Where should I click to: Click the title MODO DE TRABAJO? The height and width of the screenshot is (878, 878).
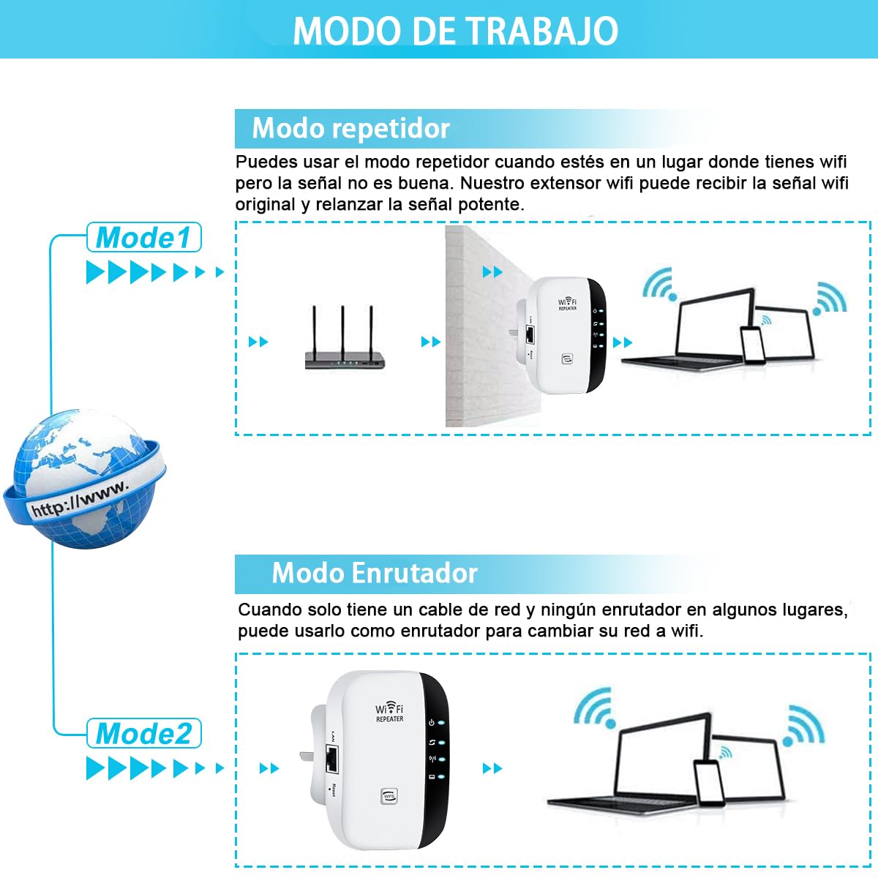click(455, 31)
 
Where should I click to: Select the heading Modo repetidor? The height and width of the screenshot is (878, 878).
click(350, 129)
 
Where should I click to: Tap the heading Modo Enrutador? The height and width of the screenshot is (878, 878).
click(374, 573)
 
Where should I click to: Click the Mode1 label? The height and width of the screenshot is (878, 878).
click(143, 238)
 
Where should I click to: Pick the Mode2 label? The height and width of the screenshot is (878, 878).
click(143, 734)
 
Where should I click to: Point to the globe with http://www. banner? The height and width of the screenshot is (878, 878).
click(85, 479)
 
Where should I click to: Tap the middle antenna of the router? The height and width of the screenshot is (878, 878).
click(342, 329)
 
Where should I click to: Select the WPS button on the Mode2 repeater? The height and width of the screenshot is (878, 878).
click(389, 795)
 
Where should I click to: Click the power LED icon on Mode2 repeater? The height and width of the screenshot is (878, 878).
click(432, 723)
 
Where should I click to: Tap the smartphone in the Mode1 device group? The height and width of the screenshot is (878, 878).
click(752, 344)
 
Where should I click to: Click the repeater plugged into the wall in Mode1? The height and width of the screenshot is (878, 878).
click(565, 335)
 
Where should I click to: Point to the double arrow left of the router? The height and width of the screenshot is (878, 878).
click(258, 342)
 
